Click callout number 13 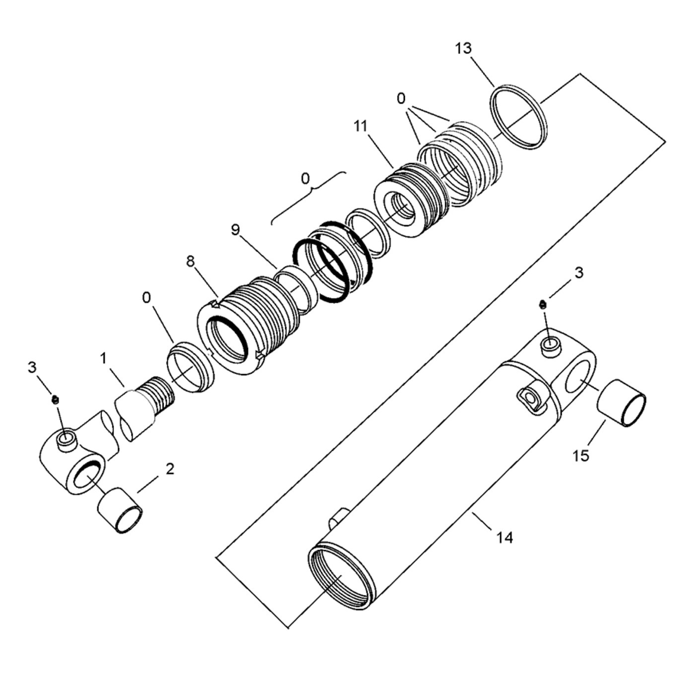[463, 49]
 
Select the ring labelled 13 [519, 117]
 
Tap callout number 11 [361, 126]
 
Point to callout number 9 [235, 229]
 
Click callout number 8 [191, 262]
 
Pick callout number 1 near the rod [104, 358]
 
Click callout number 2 [170, 469]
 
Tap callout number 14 [504, 537]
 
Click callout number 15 [581, 455]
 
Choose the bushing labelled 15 [622, 403]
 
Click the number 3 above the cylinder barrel [579, 273]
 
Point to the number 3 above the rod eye [32, 367]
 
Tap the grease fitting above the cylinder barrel [543, 303]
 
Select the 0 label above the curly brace [305, 178]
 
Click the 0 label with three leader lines [401, 99]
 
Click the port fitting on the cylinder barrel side [530, 397]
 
